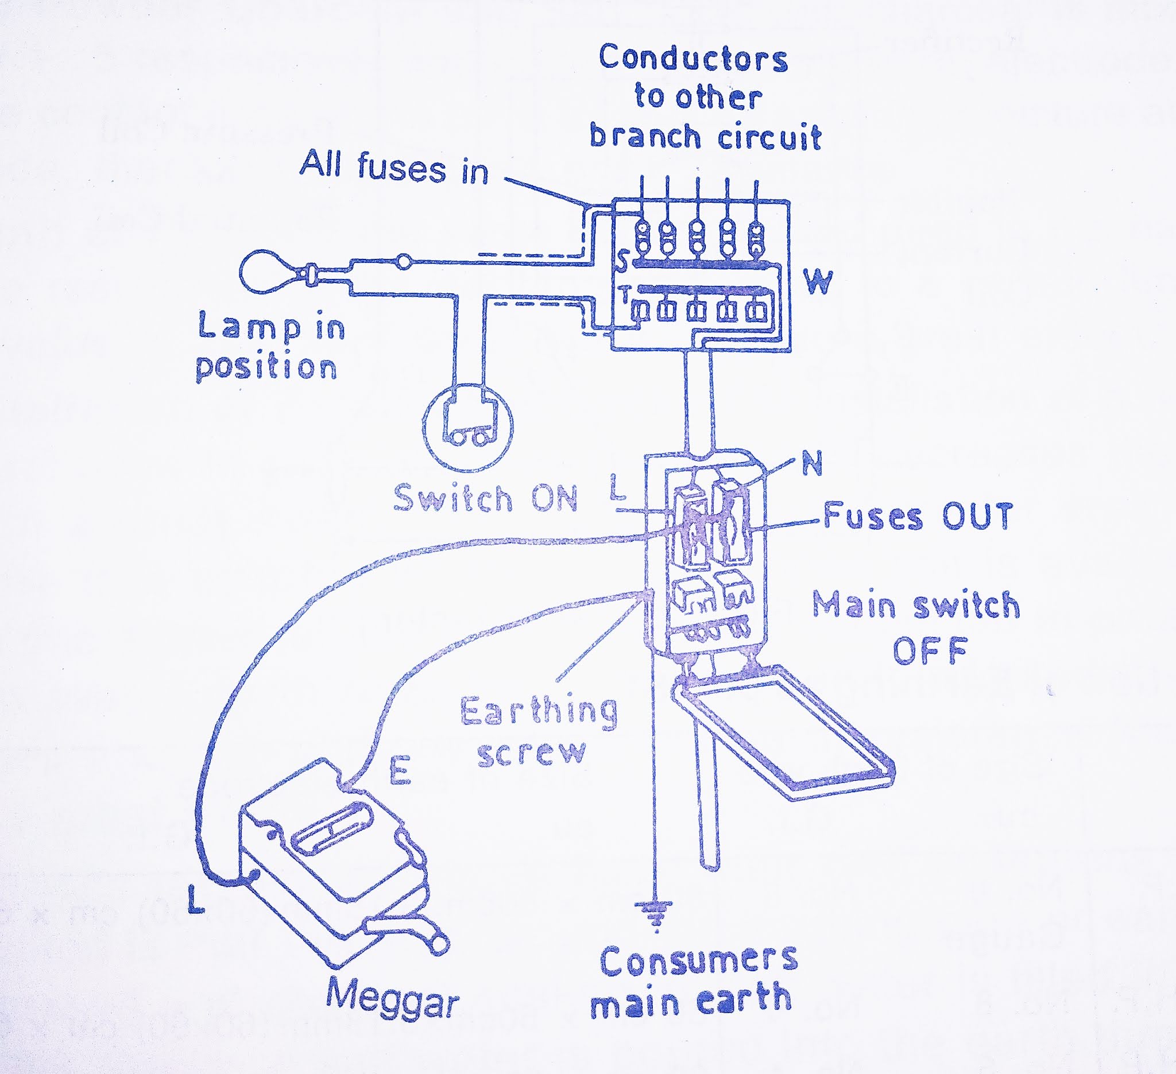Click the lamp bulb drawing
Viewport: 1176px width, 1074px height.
point(266,271)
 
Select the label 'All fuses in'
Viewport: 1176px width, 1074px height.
point(394,168)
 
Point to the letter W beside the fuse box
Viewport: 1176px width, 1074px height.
point(818,282)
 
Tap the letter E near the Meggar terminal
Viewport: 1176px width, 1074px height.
point(400,771)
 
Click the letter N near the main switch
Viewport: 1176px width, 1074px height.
point(812,464)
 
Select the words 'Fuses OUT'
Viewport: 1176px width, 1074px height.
point(918,517)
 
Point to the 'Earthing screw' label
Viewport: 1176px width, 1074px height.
point(538,732)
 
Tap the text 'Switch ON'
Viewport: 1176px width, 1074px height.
point(485,499)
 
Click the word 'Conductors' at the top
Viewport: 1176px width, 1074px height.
point(693,59)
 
